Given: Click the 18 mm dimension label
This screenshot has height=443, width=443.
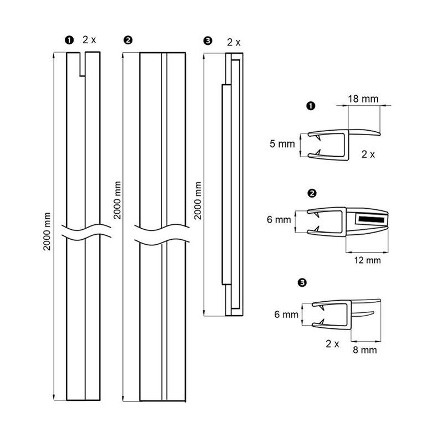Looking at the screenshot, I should coord(363,99).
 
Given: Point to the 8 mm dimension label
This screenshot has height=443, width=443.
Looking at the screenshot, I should coord(365,350).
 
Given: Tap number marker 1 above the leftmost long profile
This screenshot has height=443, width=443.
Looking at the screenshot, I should coord(69,40).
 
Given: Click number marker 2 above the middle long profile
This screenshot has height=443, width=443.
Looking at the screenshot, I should coord(128,40).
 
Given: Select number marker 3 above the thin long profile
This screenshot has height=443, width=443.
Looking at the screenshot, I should coord(208,41).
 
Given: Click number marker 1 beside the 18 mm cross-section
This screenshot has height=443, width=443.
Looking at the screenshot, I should coord(310,105).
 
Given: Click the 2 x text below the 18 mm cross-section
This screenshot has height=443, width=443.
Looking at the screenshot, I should coord(368,154).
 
